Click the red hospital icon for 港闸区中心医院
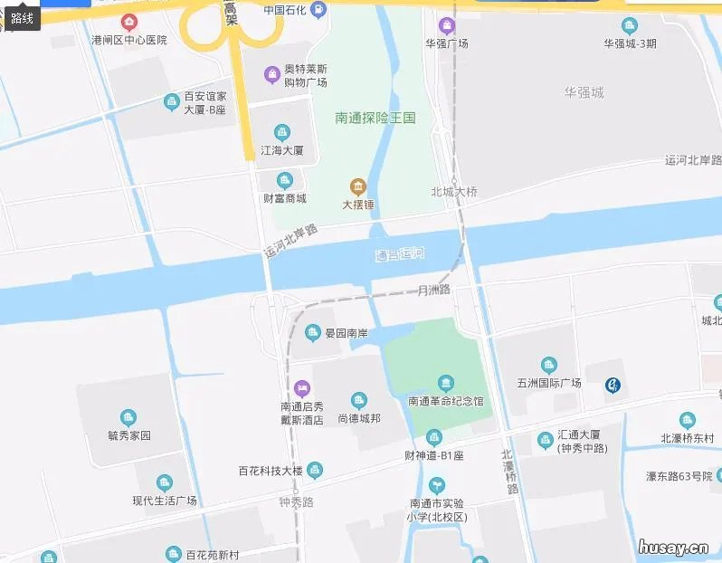point(130,22)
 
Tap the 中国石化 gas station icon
point(318,10)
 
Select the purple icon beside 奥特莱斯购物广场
point(271,73)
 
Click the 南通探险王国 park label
point(375,118)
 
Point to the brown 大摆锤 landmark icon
point(358,187)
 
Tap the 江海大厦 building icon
point(282,133)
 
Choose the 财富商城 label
point(284,198)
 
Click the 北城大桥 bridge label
point(454,192)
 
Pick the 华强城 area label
point(584,92)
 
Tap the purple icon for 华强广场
point(444,25)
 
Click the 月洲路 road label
point(434,291)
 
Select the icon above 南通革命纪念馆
point(445,383)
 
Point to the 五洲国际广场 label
point(547,383)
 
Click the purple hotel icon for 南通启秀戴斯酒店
point(302,388)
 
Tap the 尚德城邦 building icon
point(358,401)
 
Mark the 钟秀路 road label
point(296,501)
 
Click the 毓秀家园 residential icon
point(129,417)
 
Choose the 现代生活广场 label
point(164,501)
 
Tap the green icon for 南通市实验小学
point(437,486)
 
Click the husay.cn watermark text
point(672,547)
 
